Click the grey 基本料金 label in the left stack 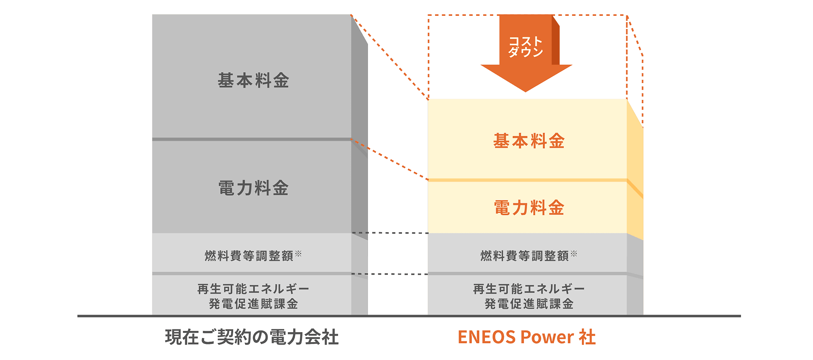(253, 80)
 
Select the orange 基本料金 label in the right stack (529, 141)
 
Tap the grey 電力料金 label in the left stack (253, 188)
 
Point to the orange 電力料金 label (529, 208)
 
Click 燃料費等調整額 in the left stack (249, 256)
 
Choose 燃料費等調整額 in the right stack (525, 256)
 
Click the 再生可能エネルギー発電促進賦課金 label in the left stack (253, 296)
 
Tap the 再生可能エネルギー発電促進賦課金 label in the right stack (529, 296)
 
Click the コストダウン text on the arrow (526, 46)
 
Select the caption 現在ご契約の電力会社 (251, 337)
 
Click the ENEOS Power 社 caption (526, 337)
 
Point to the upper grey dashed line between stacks (390, 233)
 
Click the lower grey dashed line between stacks (390, 274)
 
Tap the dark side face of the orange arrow (556, 41)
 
